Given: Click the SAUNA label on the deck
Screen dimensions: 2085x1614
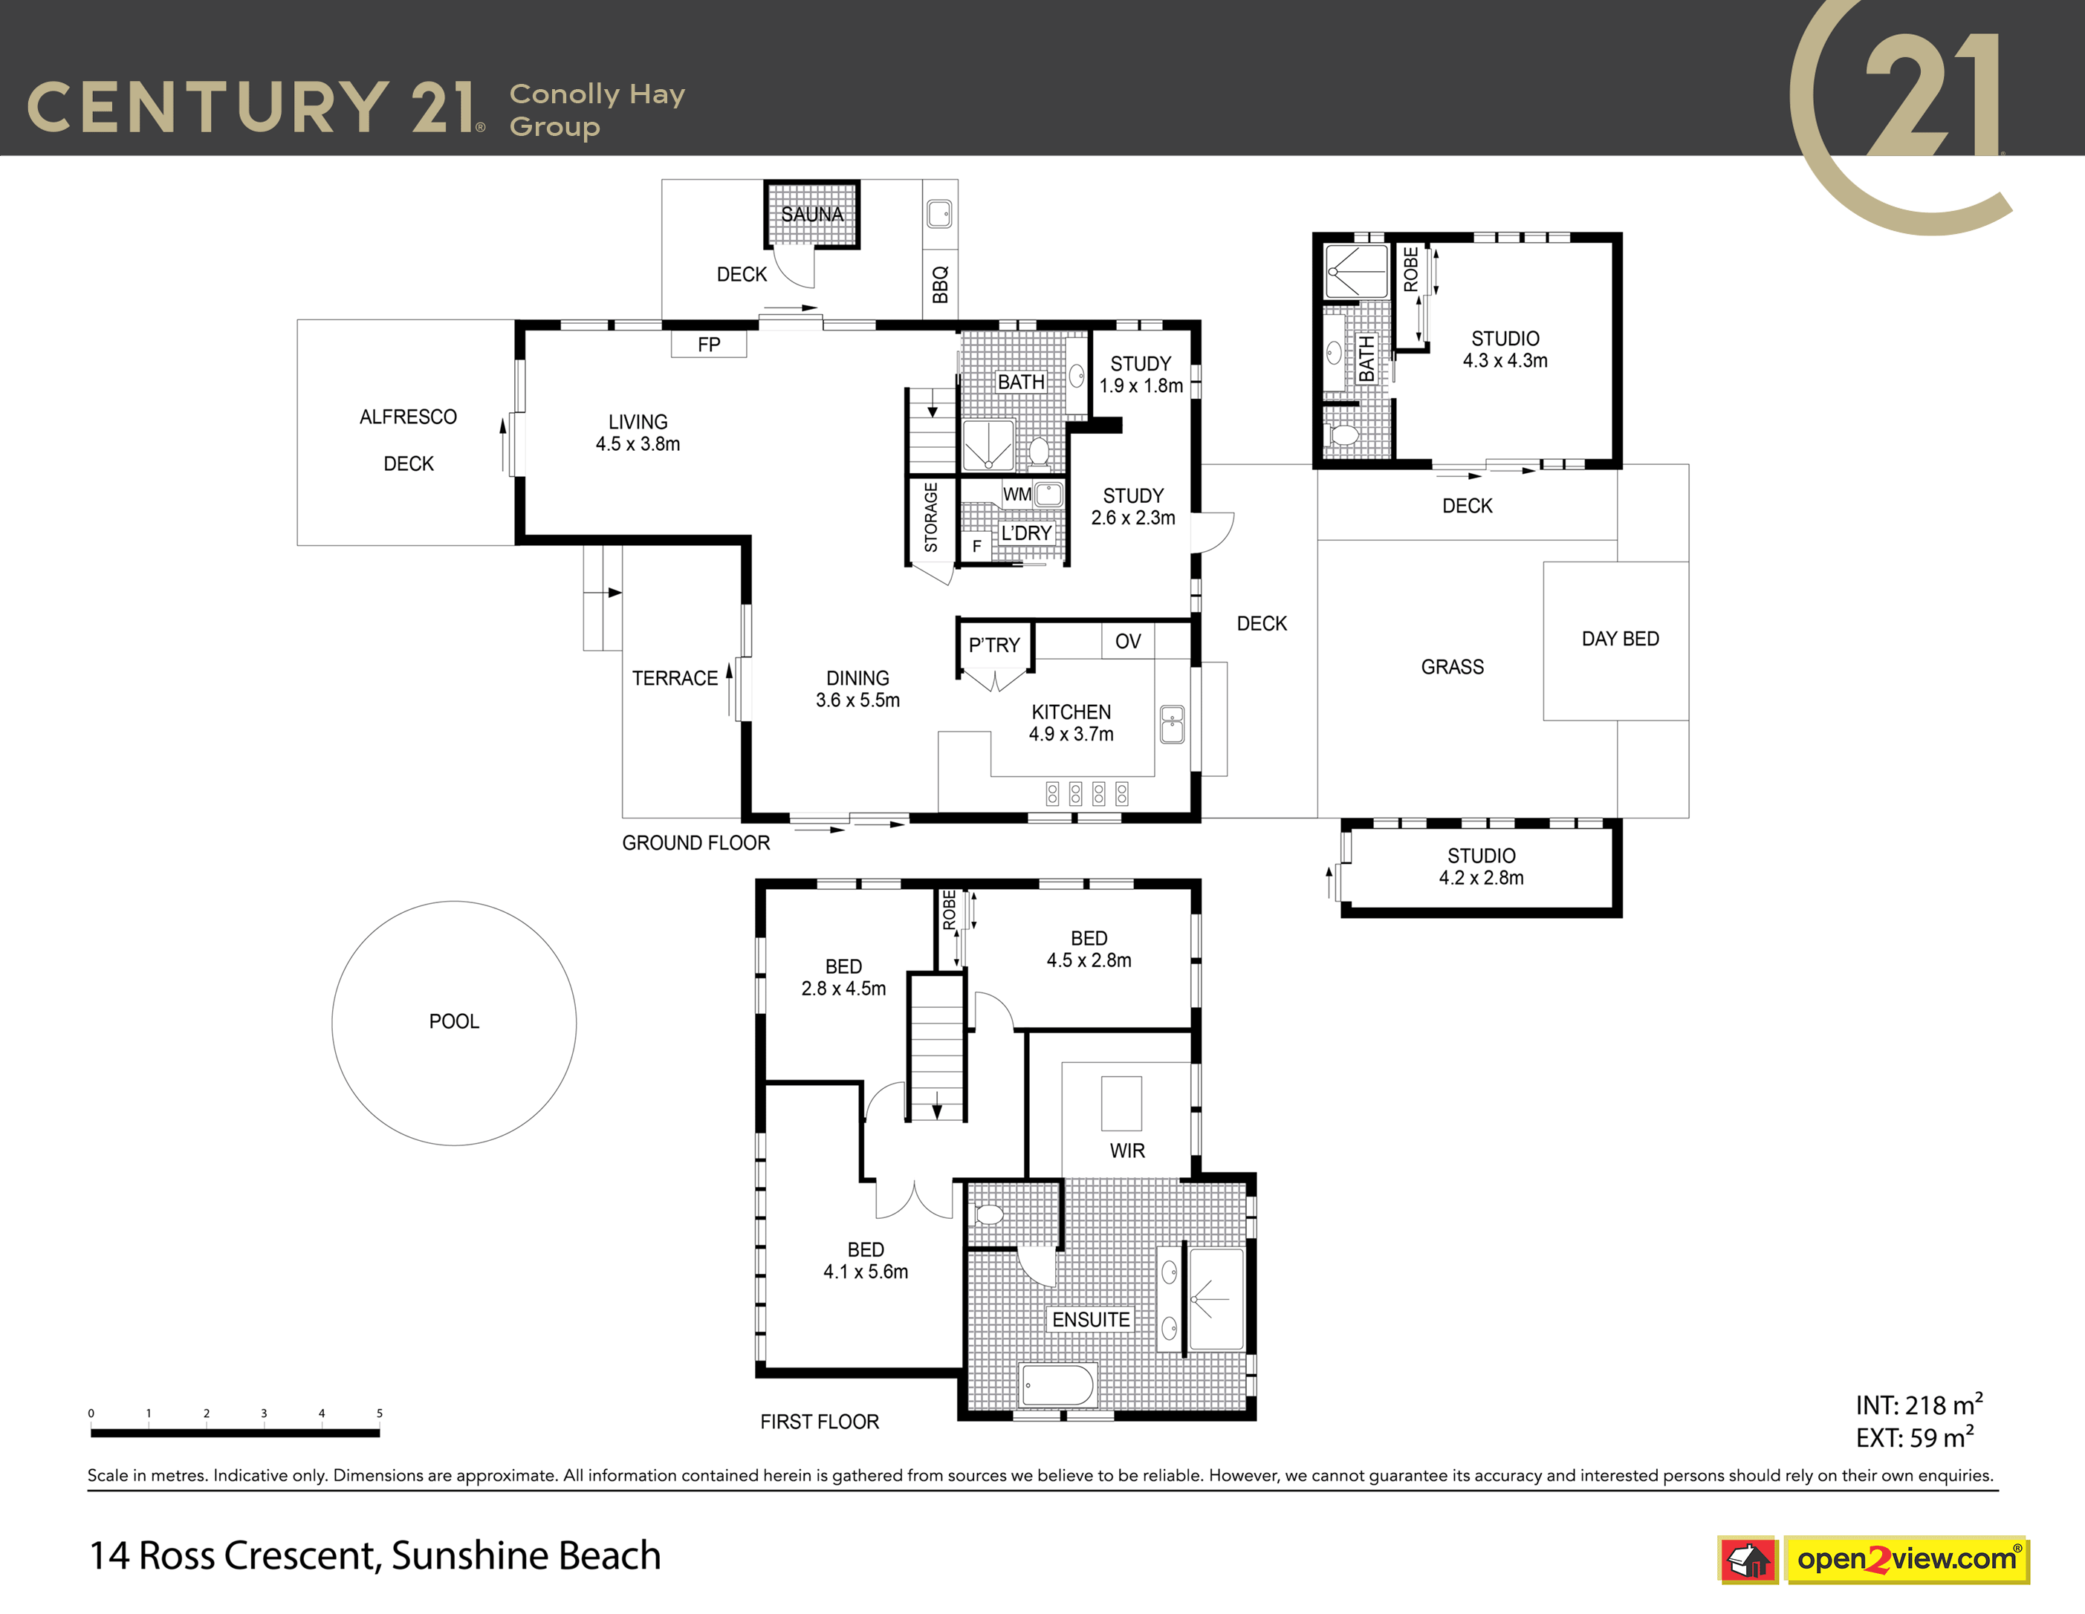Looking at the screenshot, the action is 811,214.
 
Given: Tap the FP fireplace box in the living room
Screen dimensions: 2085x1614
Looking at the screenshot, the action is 708,344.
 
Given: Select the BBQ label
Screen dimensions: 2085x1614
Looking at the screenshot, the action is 941,284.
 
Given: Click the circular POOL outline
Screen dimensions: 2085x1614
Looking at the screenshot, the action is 455,901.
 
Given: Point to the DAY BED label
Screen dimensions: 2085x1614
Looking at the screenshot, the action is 1620,639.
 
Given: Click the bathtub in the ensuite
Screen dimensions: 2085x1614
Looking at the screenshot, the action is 1058,1385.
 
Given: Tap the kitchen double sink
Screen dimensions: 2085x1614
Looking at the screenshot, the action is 1173,724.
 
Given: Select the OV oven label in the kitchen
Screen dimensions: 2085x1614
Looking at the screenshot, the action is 1127,642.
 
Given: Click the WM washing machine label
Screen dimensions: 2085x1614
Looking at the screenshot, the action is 1016,495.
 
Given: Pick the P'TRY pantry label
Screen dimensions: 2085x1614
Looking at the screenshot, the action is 993,645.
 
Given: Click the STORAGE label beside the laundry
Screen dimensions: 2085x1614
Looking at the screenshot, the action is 931,516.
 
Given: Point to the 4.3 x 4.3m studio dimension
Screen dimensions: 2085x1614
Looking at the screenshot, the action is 1505,361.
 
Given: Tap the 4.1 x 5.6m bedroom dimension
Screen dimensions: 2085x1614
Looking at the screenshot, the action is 866,1272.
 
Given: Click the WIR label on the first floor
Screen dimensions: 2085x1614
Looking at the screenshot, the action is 1127,1151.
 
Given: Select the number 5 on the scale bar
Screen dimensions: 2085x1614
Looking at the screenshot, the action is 379,1413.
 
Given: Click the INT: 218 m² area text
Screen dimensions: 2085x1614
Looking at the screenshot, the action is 1919,1405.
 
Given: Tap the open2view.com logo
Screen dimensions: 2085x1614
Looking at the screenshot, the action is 1907,1560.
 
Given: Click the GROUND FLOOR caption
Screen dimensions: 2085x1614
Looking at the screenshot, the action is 696,843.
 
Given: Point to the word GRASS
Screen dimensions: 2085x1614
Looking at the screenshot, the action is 1452,667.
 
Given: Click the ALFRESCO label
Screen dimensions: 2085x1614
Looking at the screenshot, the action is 408,417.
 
